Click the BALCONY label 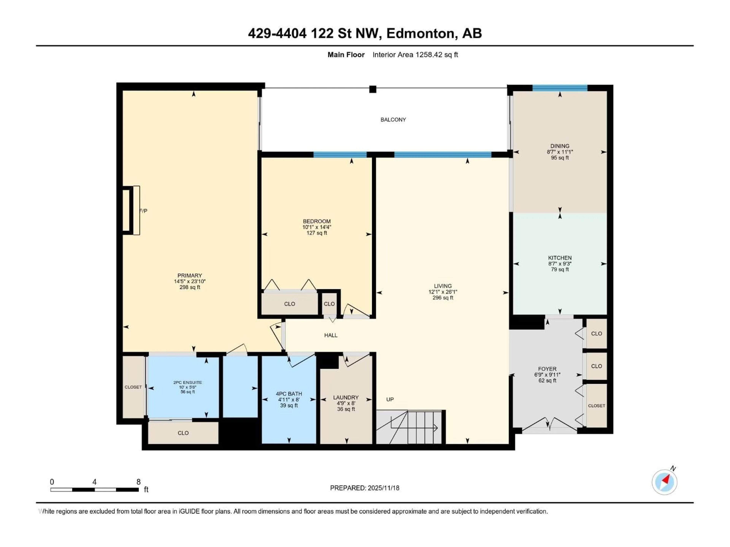click(393, 120)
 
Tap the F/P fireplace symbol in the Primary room click(131, 210)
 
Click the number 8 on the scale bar click(139, 482)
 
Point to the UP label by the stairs click(390, 399)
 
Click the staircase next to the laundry click(409, 427)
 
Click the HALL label click(331, 335)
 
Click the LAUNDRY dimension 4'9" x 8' click(346, 403)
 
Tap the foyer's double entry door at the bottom click(549, 425)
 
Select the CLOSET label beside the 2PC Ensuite click(133, 387)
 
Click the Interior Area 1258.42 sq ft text click(415, 55)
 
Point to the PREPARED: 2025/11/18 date click(365, 488)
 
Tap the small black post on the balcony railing click(373, 89)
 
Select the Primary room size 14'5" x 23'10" click(190, 281)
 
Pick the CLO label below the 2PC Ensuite click(183, 433)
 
